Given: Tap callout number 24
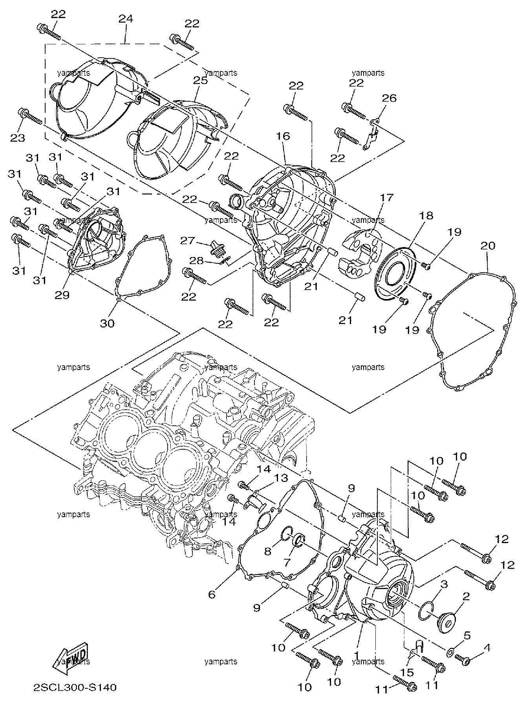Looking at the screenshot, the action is [126, 19].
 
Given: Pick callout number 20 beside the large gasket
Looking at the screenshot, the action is [487, 246].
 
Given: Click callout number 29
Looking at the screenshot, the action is [62, 295].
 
